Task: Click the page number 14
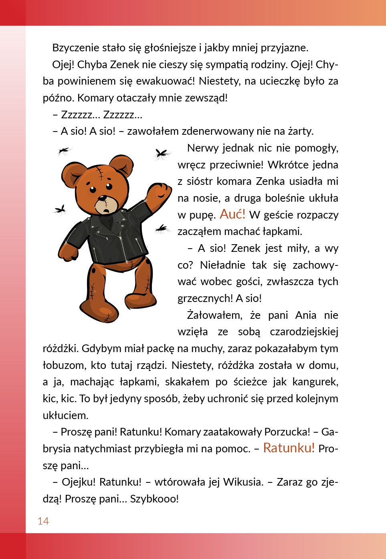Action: click(43, 521)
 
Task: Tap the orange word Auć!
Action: click(232, 214)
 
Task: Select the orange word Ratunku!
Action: click(289, 448)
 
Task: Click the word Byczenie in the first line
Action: click(76, 48)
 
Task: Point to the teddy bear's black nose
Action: click(103, 198)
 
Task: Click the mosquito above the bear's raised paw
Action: click(162, 153)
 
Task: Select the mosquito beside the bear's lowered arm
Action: click(61, 209)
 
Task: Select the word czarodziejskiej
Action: click(304, 332)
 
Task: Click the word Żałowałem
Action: click(214, 315)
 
